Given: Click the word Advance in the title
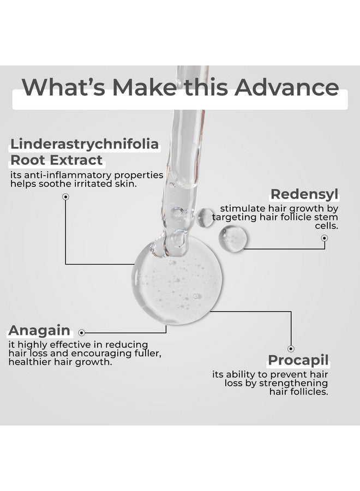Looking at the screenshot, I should click(287, 87).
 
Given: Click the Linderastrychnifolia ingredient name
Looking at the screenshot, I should click(84, 145).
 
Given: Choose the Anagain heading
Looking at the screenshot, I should click(39, 330).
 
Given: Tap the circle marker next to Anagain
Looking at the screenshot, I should click(82, 331).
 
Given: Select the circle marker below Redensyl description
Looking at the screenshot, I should click(324, 238).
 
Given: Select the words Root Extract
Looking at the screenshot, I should click(56, 160).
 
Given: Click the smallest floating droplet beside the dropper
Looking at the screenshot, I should click(206, 217).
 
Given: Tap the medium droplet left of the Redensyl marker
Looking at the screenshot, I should click(233, 238).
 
